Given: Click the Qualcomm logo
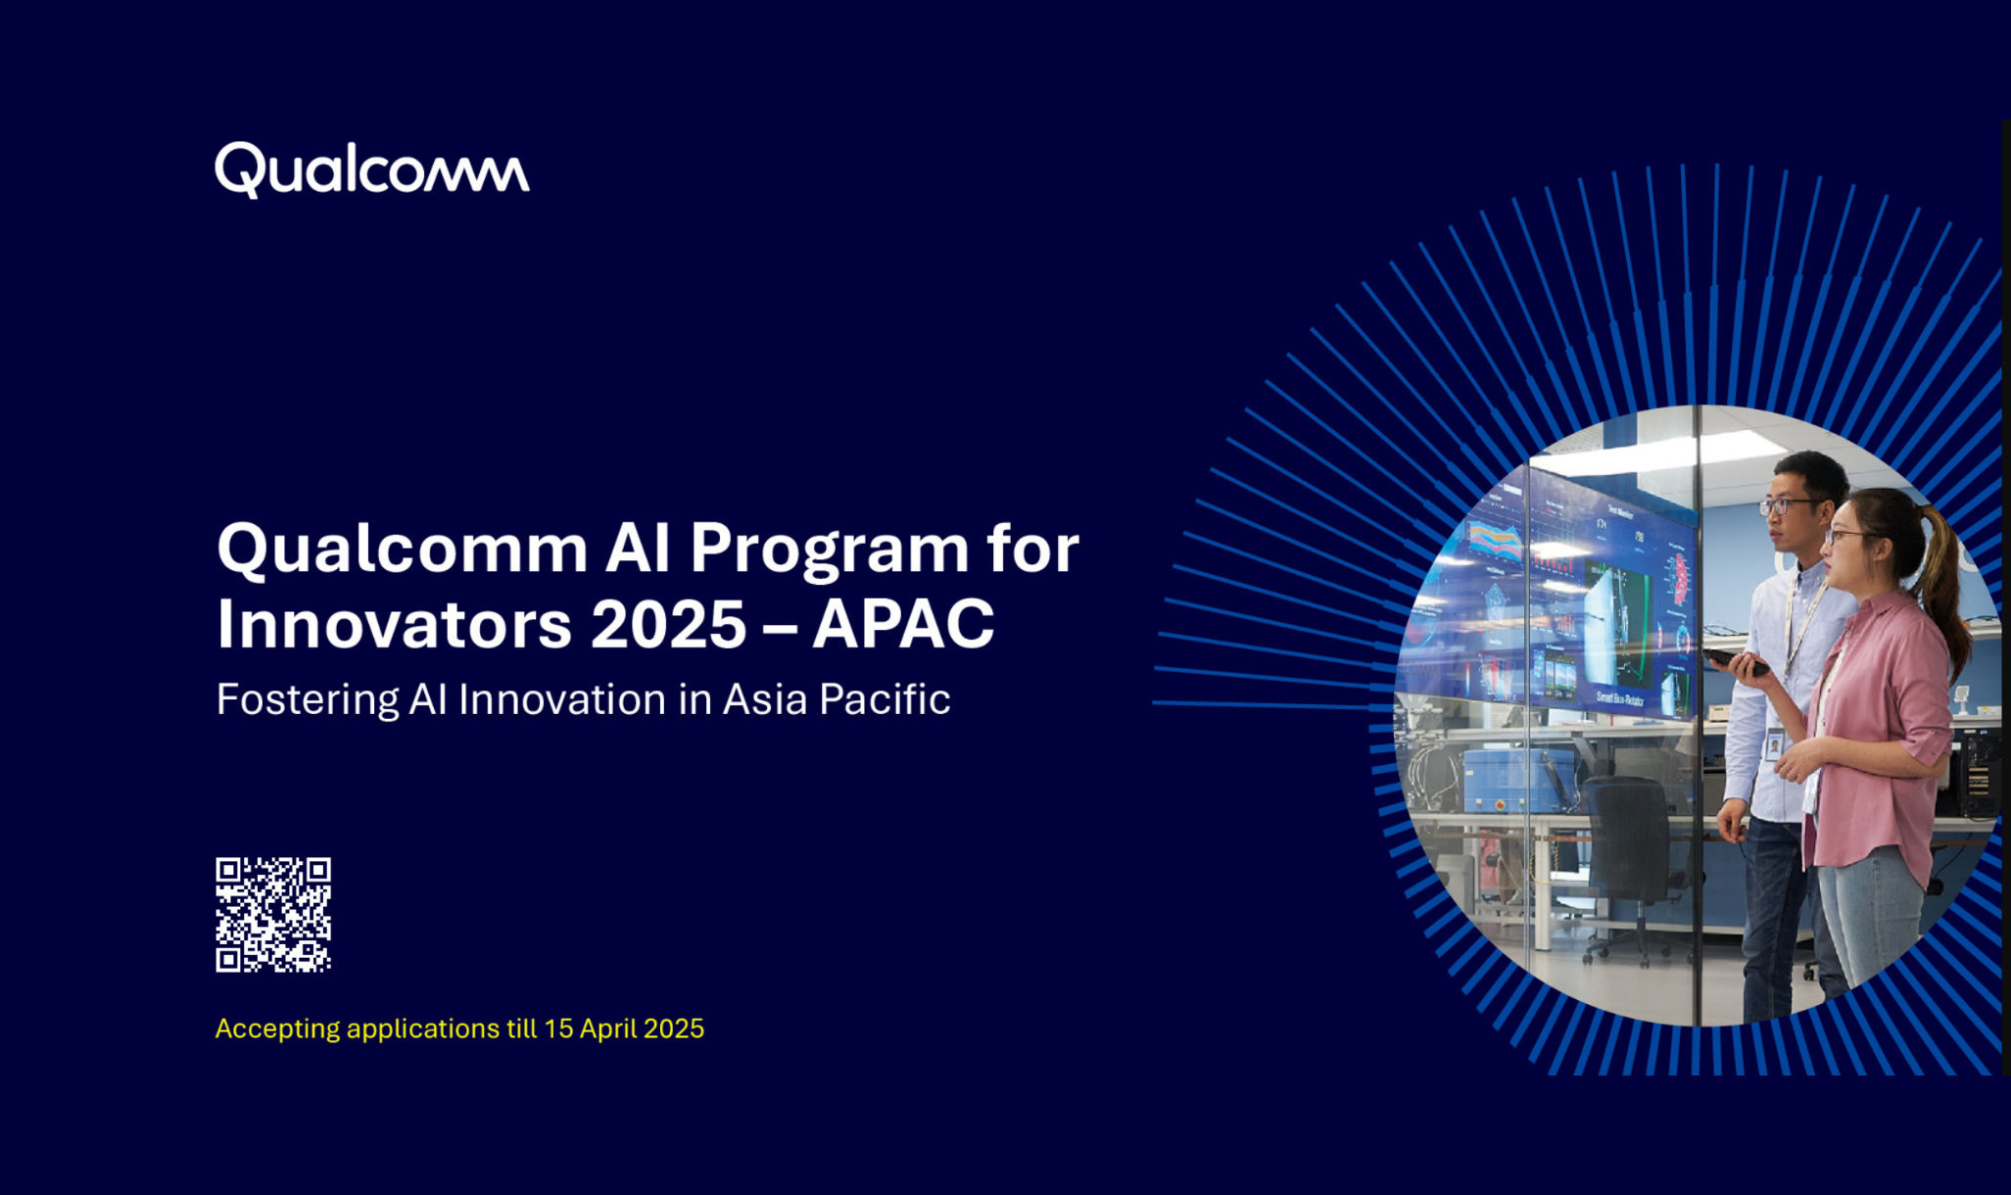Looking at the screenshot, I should click(371, 170).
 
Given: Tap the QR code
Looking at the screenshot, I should click(273, 915).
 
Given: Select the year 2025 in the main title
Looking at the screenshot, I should click(669, 625).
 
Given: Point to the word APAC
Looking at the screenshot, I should click(903, 625).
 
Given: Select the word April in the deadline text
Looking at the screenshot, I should click(608, 1028).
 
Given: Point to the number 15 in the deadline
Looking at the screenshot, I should click(558, 1028).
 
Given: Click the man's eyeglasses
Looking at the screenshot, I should click(1788, 506).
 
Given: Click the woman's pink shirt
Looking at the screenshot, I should click(1876, 725).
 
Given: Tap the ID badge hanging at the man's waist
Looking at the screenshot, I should click(1774, 746).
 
